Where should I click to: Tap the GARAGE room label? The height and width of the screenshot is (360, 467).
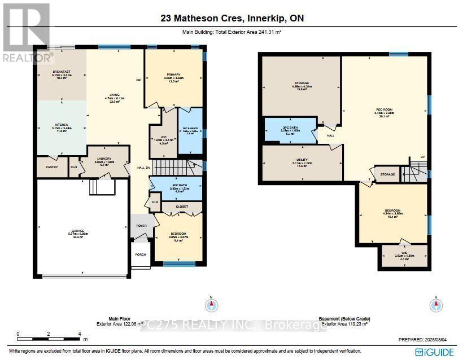pyautogui.click(x=77, y=231)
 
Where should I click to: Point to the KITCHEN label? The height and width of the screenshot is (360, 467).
pyautogui.click(x=61, y=125)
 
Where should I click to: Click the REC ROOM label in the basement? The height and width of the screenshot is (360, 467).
pyautogui.click(x=384, y=110)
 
